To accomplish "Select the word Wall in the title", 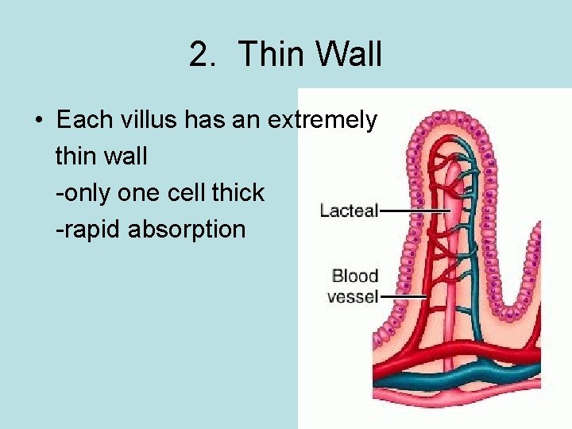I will [x=349, y=55].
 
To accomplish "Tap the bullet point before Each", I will [x=38, y=122].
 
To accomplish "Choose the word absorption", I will [x=187, y=230].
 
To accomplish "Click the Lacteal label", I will [x=349, y=211].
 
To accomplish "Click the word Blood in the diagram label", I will [x=354, y=276].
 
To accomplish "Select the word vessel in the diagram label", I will [x=352, y=297].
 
